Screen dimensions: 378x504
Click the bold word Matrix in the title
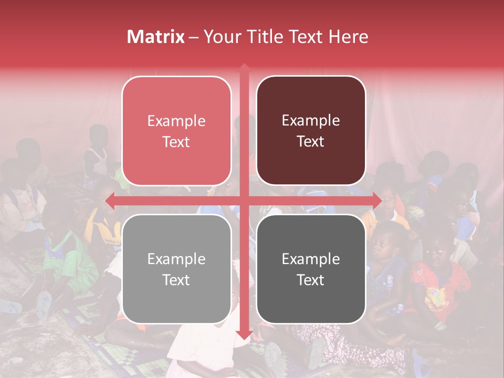click(x=156, y=37)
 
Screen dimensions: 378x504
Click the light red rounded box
click(x=176, y=131)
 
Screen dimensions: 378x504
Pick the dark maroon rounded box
click(x=311, y=131)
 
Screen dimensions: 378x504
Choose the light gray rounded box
click(x=176, y=269)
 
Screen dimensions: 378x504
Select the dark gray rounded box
click(x=311, y=269)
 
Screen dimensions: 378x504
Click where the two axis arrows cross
click(x=244, y=200)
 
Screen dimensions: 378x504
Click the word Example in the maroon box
click(x=311, y=121)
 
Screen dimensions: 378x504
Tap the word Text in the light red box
click(x=176, y=142)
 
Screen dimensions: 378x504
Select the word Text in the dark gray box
click(x=311, y=280)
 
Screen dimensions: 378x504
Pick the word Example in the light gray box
click(x=176, y=259)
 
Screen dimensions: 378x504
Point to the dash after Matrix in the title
click(x=194, y=37)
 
